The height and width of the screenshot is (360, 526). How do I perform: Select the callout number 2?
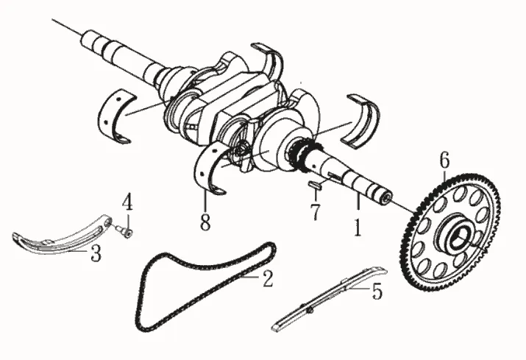tap(268, 278)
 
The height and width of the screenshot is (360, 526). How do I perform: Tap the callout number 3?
tap(96, 254)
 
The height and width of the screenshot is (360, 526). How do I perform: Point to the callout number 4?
tap(127, 201)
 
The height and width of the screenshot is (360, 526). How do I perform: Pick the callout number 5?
tap(377, 292)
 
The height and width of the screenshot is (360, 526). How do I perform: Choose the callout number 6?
tap(444, 158)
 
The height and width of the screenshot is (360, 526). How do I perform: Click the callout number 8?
tap(205, 219)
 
